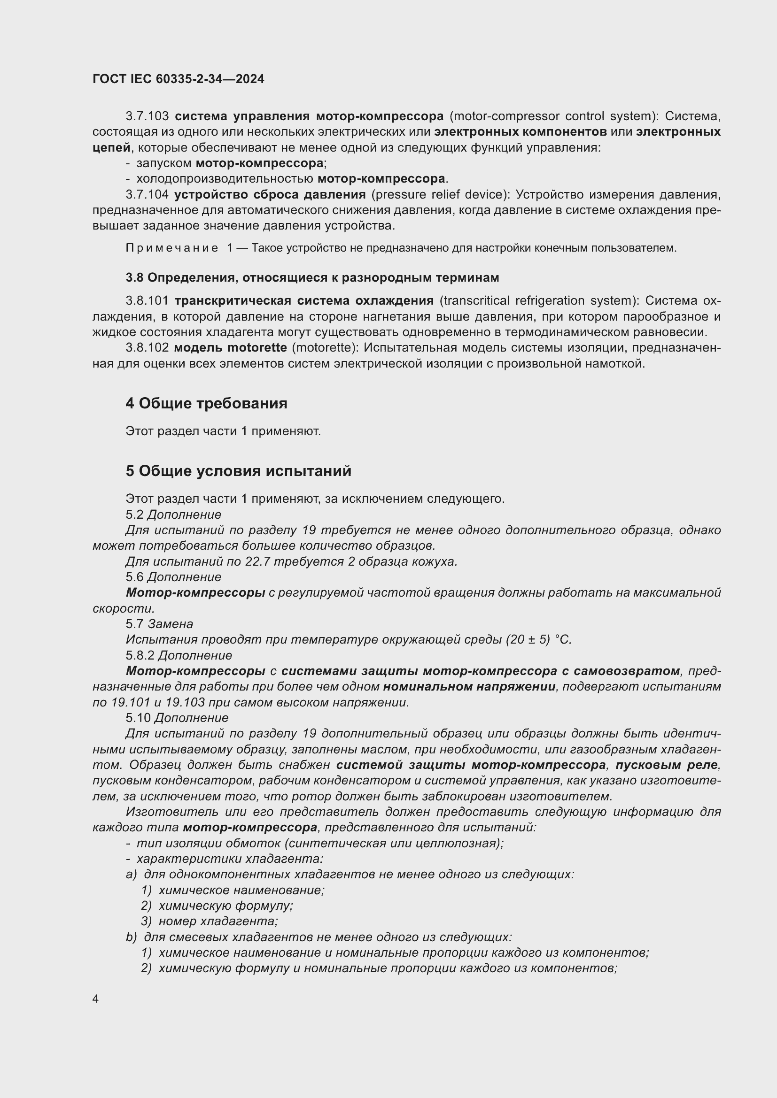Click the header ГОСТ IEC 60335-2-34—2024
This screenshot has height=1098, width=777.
(x=179, y=79)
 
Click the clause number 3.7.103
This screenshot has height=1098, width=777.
(x=148, y=116)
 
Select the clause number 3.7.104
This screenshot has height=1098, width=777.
(x=148, y=195)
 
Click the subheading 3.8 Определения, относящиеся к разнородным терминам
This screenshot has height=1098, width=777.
(x=312, y=277)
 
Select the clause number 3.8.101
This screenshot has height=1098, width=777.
(x=148, y=301)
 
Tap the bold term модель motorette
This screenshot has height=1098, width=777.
(x=231, y=348)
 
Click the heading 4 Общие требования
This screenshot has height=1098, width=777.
(x=206, y=403)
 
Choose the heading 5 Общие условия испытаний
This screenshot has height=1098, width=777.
(x=238, y=471)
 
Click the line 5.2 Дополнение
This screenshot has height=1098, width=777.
(x=173, y=514)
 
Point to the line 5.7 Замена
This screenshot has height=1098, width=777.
(x=159, y=624)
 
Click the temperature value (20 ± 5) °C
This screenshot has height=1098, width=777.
(x=538, y=640)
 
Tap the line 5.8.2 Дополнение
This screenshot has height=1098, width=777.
(x=179, y=655)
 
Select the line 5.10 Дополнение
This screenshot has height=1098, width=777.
(x=177, y=718)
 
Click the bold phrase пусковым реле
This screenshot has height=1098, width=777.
(x=667, y=765)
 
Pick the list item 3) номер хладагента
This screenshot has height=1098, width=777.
(x=210, y=921)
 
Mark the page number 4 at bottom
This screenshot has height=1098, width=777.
(x=96, y=998)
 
